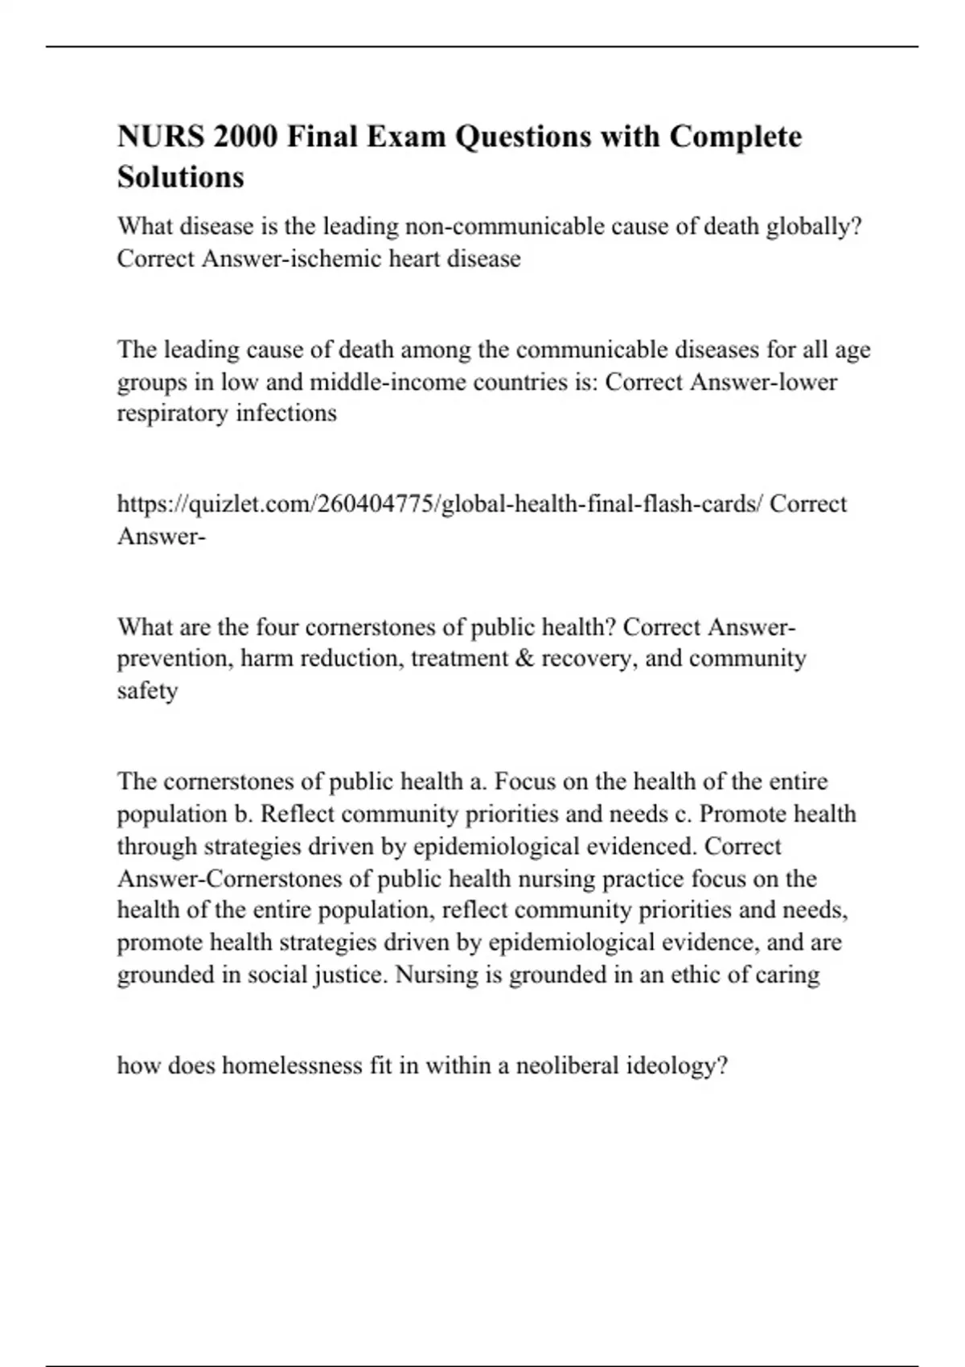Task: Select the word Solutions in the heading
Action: pos(181,177)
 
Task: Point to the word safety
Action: pos(147,691)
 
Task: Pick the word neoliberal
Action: pos(566,1066)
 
